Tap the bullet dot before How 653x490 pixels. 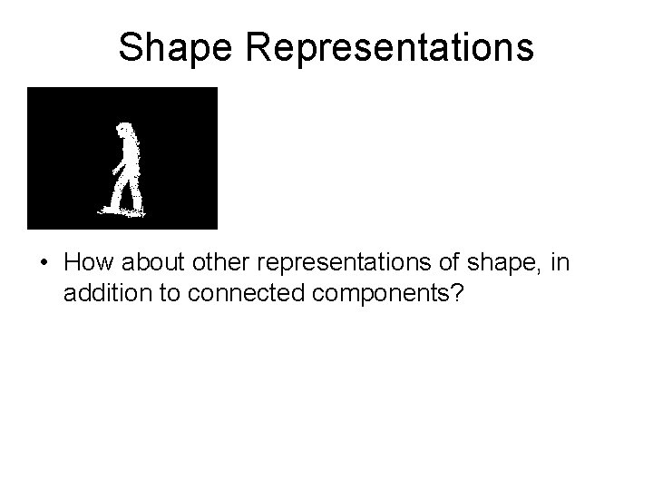point(44,264)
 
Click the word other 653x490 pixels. point(216,263)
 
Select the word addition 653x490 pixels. point(102,294)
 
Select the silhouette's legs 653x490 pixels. point(125,192)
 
